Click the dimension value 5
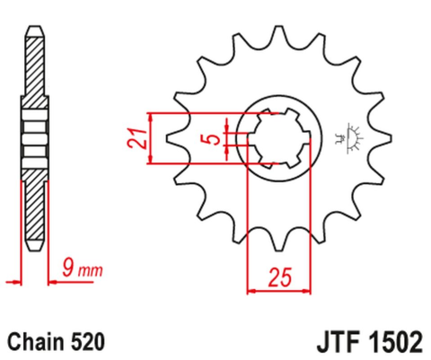pos(209,139)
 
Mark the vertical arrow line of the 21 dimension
pos(153,139)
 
